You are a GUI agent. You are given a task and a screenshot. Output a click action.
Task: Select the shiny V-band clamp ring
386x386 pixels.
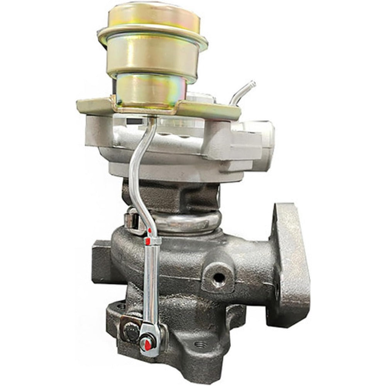[185, 222]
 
